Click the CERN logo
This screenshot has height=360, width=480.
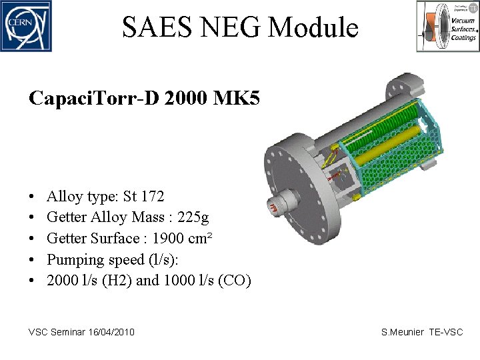pos(25,26)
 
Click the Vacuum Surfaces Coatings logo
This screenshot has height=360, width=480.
pos(447,26)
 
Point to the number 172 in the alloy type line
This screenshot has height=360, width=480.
pos(152,196)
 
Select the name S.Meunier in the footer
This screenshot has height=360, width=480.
pos(402,332)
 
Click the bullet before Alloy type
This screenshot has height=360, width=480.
pos(33,197)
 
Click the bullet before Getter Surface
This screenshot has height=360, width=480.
pos(33,239)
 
